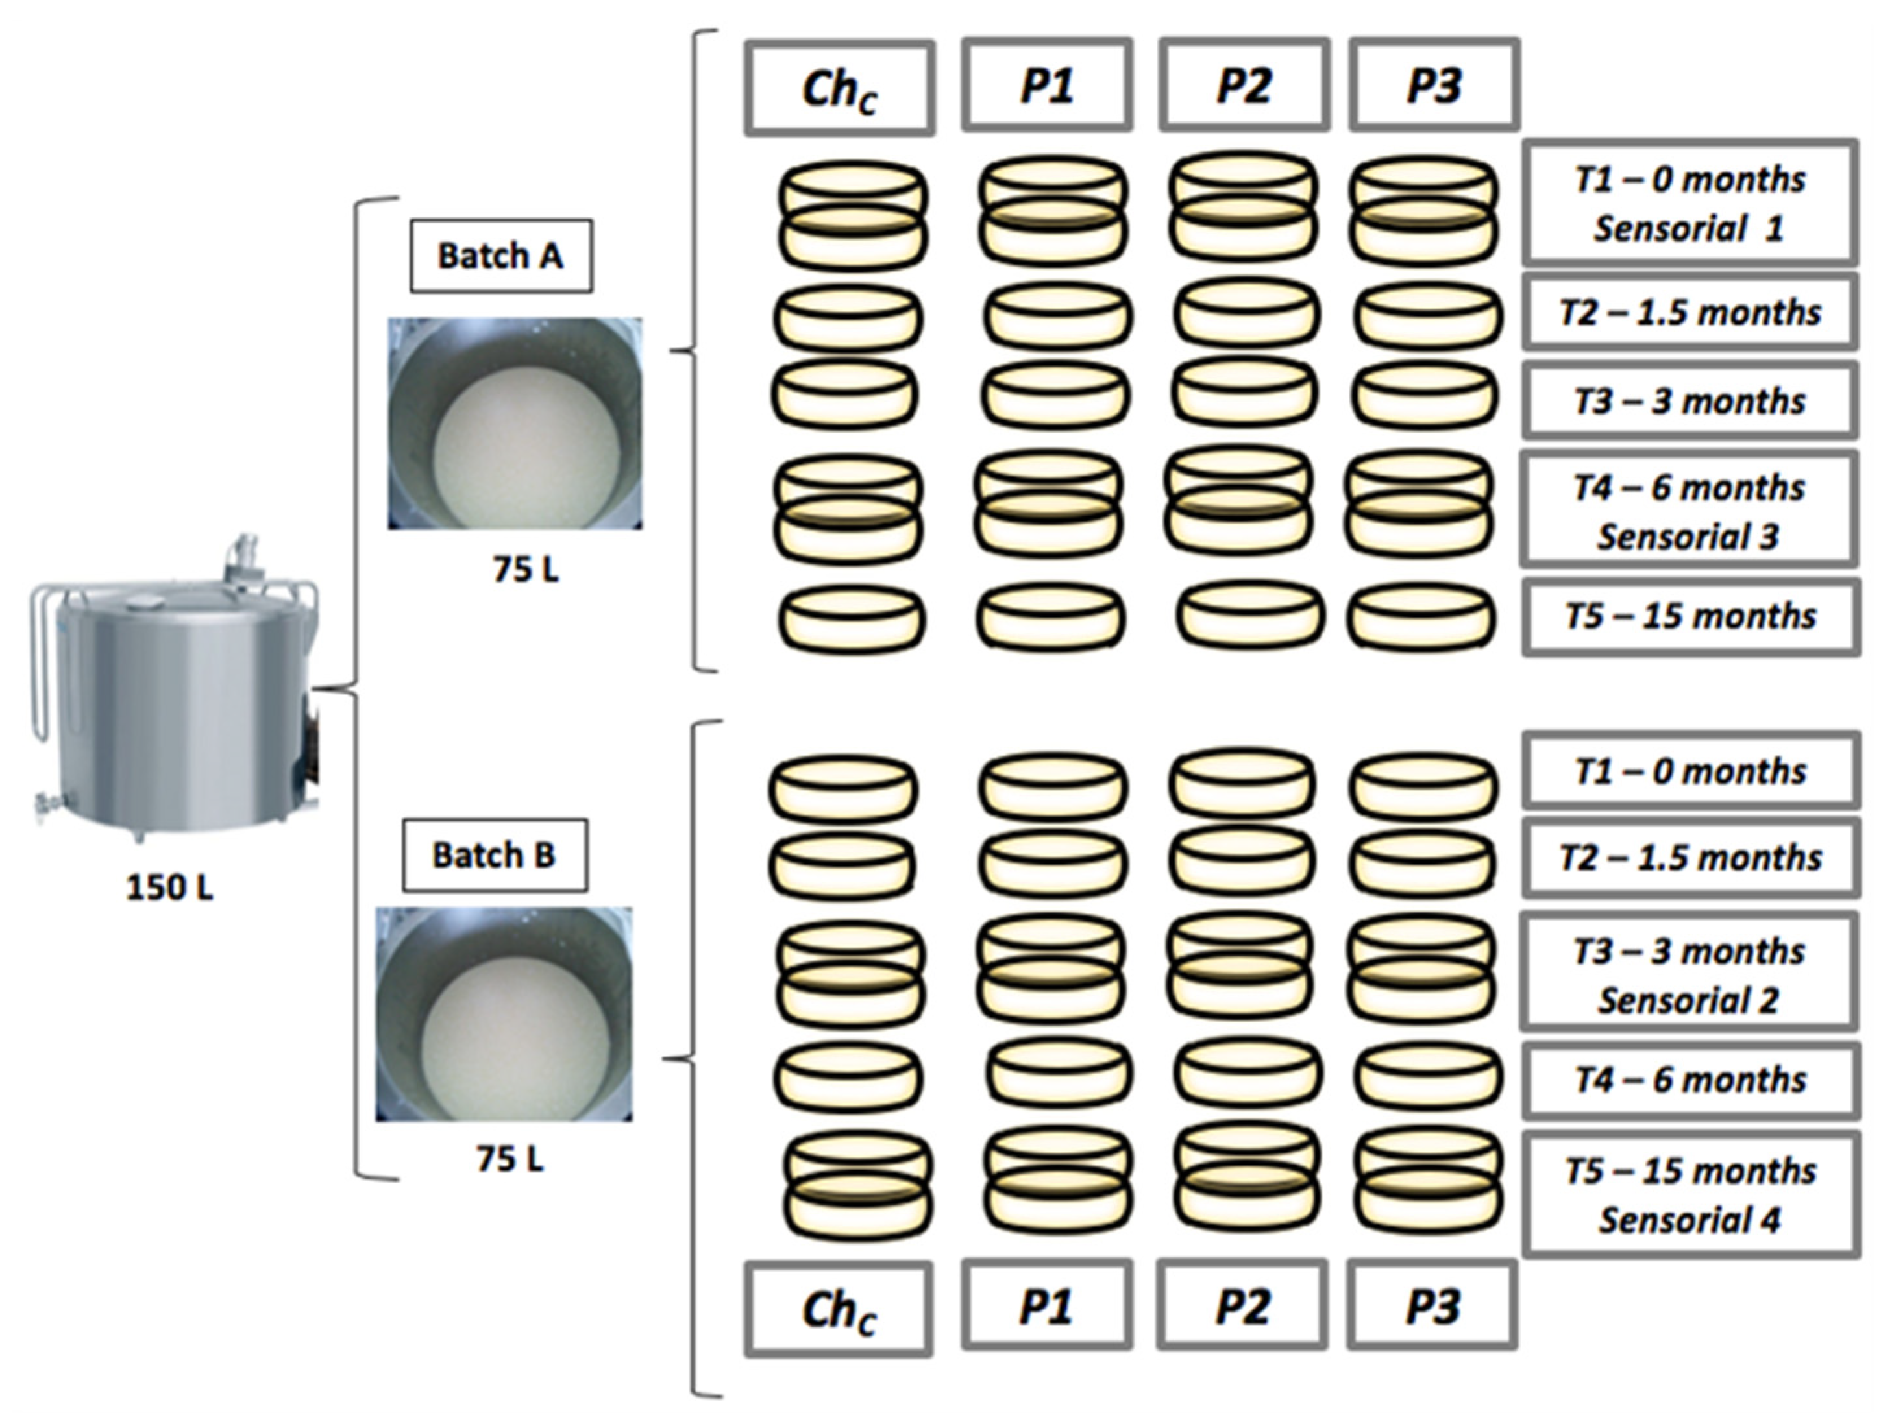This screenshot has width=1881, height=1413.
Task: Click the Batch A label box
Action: coord(501,256)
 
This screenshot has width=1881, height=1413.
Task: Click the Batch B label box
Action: coord(494,855)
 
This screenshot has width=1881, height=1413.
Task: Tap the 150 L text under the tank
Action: coord(169,888)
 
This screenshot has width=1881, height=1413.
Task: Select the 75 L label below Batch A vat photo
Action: coord(526,570)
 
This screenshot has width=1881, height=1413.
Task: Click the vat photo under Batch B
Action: coord(504,1013)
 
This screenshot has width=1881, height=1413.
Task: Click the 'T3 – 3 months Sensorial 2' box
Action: coord(1689,975)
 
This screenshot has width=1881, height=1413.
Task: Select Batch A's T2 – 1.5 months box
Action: coord(1689,313)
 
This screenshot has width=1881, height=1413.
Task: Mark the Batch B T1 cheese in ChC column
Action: coord(844,789)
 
